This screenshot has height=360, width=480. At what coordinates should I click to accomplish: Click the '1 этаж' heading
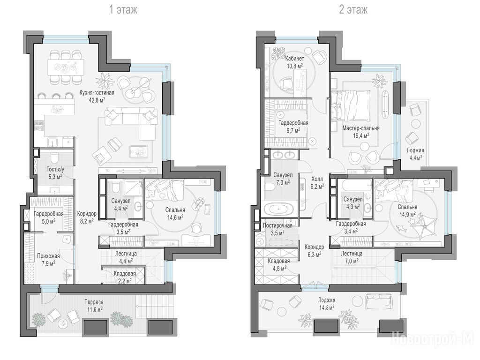tap(123, 10)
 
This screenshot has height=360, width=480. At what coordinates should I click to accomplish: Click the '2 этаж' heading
tap(353, 10)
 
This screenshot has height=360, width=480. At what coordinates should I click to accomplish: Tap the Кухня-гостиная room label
tap(97, 92)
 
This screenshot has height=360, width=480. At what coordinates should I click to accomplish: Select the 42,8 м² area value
tap(97, 100)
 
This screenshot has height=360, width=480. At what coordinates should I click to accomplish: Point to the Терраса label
tap(94, 302)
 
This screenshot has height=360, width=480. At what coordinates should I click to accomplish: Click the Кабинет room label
tap(294, 59)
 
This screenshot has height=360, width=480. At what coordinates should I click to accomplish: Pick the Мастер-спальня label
tap(361, 128)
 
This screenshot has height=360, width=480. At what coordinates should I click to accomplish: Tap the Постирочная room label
tap(277, 225)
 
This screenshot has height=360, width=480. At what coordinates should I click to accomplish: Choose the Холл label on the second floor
tap(317, 179)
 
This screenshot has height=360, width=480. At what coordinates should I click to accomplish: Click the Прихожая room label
tap(48, 256)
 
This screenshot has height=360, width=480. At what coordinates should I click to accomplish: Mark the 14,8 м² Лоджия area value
tap(326, 307)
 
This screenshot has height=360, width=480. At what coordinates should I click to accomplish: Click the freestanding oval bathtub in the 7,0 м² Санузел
tap(279, 210)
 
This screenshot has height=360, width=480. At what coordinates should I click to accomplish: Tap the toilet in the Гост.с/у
tap(54, 158)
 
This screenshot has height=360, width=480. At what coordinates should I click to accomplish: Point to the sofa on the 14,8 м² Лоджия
tap(379, 301)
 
